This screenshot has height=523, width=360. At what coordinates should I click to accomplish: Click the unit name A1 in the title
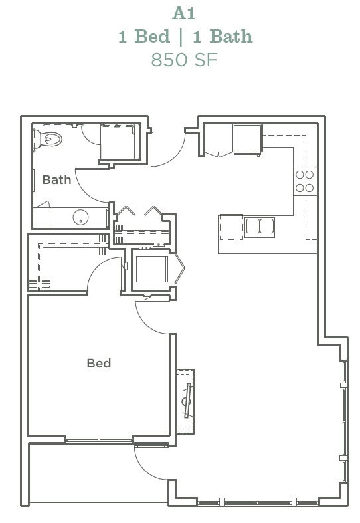tap(185, 13)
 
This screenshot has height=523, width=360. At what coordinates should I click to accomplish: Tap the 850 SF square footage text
tap(185, 59)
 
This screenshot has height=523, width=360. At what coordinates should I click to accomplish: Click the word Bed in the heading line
tap(153, 36)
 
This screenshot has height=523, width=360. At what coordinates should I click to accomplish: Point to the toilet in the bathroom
tap(49, 139)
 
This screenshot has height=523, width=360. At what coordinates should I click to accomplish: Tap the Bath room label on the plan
tap(56, 179)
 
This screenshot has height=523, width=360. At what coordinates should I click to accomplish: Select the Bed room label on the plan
tap(98, 363)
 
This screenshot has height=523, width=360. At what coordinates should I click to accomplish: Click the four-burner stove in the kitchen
tap(305, 181)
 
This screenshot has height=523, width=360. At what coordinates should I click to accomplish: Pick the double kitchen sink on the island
tap(260, 226)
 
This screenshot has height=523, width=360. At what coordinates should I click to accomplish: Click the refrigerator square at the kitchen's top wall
tap(247, 138)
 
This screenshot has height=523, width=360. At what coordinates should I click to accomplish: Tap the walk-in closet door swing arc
tap(101, 272)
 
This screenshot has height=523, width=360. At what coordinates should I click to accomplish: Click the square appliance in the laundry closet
tap(151, 269)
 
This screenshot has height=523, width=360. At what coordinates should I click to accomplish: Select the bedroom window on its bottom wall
tap(99, 440)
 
